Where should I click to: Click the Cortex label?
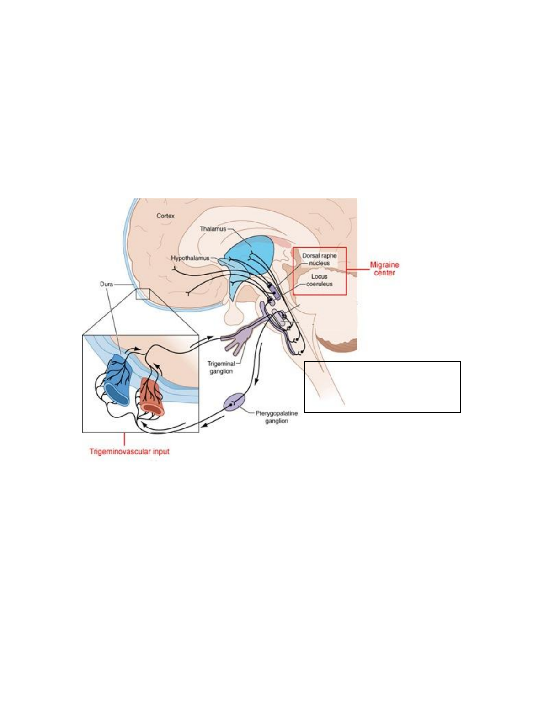click(165, 216)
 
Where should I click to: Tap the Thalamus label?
click(213, 229)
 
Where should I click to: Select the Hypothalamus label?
click(190, 258)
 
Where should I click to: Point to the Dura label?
click(107, 284)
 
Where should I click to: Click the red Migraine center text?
click(384, 269)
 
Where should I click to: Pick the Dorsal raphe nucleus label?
click(320, 259)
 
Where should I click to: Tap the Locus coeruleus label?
click(320, 280)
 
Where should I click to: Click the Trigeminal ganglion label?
click(221, 368)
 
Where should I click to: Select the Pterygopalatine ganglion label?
click(277, 417)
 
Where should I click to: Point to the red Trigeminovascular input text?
click(129, 451)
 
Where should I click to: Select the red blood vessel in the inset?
click(152, 396)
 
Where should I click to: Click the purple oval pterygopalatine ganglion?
click(235, 402)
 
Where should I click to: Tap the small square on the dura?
click(143, 294)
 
